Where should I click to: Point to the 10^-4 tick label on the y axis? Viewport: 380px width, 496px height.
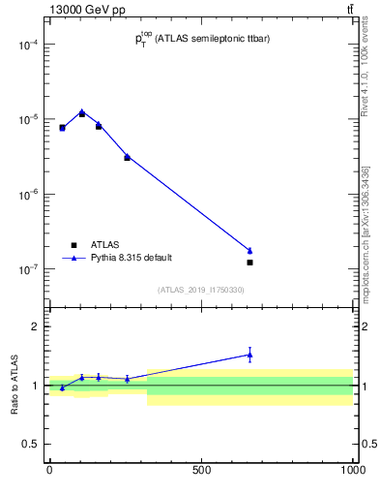click(26, 45)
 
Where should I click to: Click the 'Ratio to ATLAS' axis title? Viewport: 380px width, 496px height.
click(15, 386)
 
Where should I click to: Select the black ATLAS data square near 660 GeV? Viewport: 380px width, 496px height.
click(249, 263)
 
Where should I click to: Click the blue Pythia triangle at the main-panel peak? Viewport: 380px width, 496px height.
click(82, 112)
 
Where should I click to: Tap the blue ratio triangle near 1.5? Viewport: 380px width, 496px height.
click(249, 355)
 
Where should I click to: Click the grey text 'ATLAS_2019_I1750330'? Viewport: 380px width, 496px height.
click(201, 290)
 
